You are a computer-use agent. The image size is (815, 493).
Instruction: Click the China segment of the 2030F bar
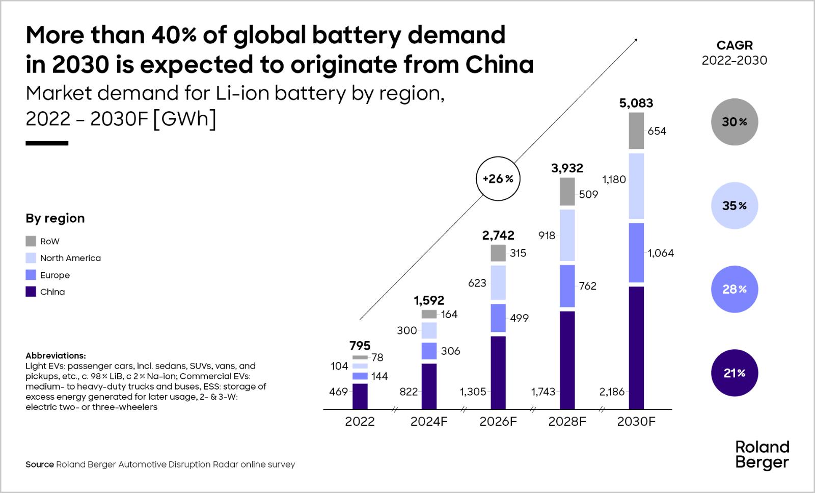(636, 348)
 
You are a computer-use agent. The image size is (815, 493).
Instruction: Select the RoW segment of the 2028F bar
(567, 192)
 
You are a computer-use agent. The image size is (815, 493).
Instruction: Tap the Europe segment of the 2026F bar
(498, 318)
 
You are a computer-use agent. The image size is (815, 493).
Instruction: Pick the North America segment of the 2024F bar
(429, 330)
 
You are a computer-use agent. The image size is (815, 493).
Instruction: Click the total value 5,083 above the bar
(636, 103)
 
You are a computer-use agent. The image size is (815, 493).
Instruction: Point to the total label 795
(360, 346)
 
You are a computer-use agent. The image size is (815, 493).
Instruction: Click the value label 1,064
(661, 253)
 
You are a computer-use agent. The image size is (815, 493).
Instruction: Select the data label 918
(547, 236)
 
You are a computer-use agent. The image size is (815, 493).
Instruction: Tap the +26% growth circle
(498, 179)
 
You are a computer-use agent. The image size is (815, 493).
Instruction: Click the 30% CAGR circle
(734, 122)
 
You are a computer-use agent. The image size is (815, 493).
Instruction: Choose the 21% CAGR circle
(734, 373)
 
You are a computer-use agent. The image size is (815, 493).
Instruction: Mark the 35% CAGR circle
(734, 206)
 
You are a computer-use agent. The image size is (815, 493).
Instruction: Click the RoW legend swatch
(31, 241)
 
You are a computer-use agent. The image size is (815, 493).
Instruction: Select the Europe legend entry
(55, 275)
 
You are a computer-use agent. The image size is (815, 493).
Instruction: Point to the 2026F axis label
(498, 422)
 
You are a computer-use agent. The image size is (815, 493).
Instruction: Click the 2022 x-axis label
(360, 422)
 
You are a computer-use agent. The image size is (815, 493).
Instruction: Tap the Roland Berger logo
(762, 455)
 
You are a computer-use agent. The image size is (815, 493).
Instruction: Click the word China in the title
(499, 65)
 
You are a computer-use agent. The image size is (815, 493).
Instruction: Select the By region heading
(55, 218)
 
